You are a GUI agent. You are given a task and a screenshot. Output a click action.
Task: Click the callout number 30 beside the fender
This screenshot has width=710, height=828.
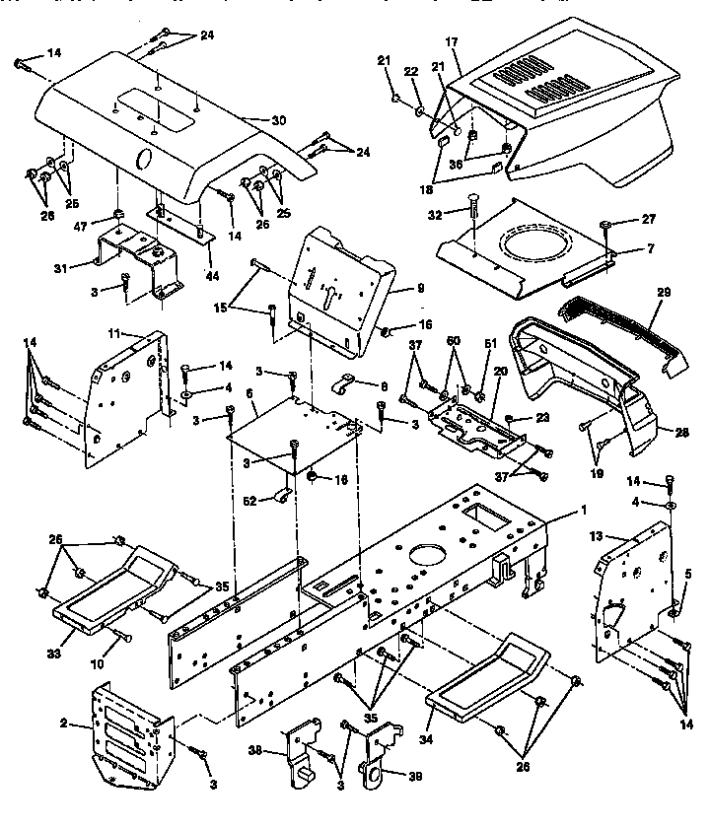click(279, 120)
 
